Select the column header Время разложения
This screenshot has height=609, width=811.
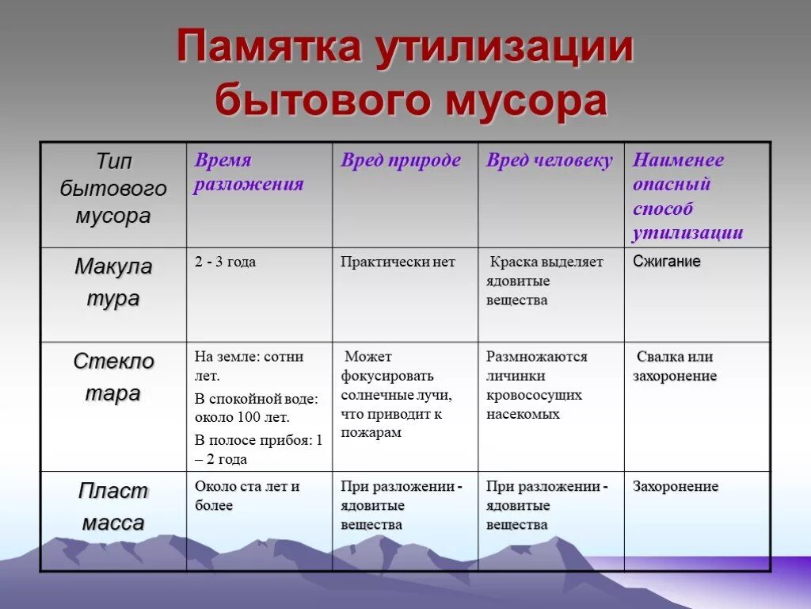click(249, 172)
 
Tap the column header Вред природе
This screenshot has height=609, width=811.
click(400, 160)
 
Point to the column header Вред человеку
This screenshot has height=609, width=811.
click(549, 160)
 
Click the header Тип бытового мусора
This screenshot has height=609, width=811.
click(113, 189)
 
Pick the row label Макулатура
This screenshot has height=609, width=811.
click(113, 282)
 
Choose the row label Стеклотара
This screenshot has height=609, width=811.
click(113, 377)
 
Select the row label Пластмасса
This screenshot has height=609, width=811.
click(113, 507)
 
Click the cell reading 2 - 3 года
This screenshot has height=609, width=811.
click(225, 262)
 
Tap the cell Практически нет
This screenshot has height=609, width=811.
click(398, 262)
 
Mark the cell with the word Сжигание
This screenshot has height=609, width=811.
click(666, 261)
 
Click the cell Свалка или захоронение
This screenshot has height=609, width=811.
click(674, 366)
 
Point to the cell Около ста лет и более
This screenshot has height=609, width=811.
click(247, 496)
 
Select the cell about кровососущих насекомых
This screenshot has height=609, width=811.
click(536, 385)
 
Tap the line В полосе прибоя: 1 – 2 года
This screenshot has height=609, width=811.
click(258, 450)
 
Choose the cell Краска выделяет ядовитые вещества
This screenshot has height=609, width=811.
click(545, 281)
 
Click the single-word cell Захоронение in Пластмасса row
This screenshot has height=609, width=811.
click(675, 486)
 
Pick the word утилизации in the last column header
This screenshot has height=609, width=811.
click(687, 233)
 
